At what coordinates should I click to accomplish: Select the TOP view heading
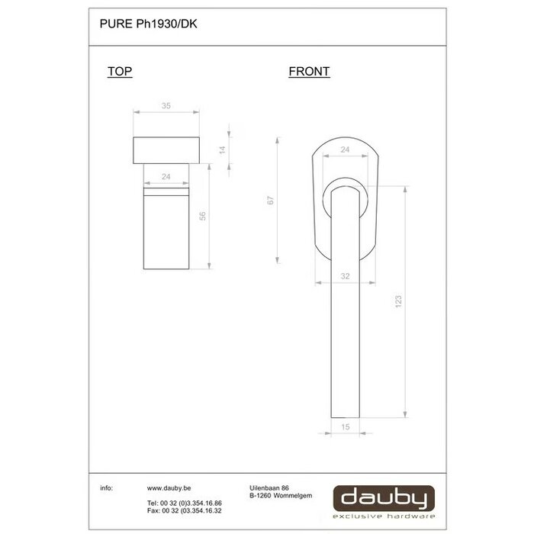click(120, 72)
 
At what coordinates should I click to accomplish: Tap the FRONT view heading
click(309, 72)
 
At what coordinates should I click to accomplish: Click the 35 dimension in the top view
click(166, 107)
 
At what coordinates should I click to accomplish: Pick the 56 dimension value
click(203, 217)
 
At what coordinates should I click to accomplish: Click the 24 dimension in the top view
click(166, 177)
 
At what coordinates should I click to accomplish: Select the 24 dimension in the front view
click(345, 150)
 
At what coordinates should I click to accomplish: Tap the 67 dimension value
click(270, 201)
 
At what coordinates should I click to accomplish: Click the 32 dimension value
click(345, 276)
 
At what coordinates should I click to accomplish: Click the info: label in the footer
click(107, 487)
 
